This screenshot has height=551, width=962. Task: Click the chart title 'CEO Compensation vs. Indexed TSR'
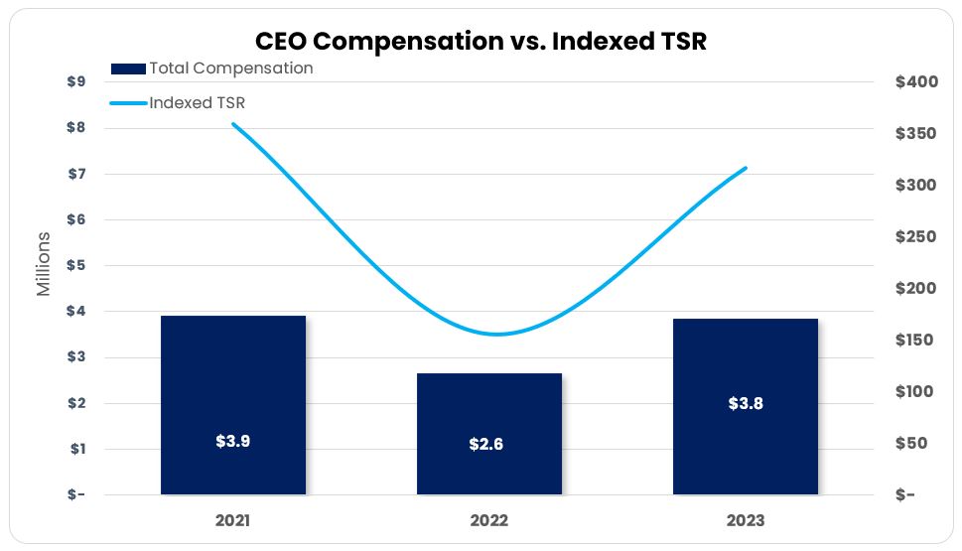click(481, 41)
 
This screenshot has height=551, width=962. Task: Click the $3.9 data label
click(233, 441)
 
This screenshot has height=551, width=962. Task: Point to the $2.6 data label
click(486, 444)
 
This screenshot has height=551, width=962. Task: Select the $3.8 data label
click(745, 403)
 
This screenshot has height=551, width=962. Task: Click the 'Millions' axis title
click(44, 264)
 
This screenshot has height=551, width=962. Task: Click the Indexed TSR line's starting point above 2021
click(233, 124)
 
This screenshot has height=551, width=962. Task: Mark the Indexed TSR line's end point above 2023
click(746, 168)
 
